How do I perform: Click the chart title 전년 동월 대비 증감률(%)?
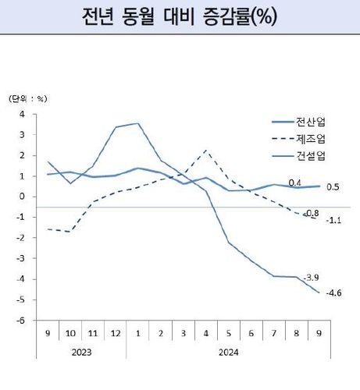coord(180,17)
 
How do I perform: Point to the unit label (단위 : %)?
coord(29,99)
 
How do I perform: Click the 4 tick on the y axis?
coord(23,114)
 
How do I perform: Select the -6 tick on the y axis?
coord(21,320)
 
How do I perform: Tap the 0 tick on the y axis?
coord(23,197)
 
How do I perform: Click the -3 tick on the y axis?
coord(21,258)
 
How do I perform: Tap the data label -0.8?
coord(312,212)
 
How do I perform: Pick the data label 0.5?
coord(333,187)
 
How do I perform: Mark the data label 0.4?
coord(295,183)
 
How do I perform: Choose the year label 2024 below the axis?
coord(227,352)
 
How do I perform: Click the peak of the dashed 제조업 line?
coord(205,150)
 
